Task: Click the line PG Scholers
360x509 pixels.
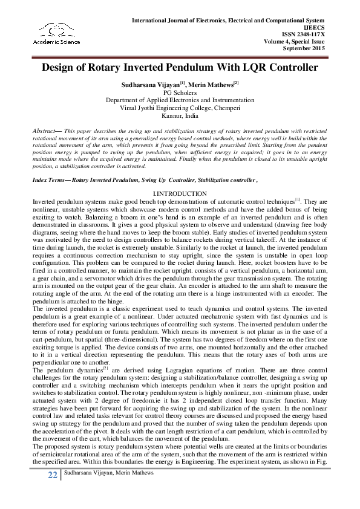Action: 180,94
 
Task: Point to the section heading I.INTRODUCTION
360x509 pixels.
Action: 180,177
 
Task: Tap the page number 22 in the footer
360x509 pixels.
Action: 53,493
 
